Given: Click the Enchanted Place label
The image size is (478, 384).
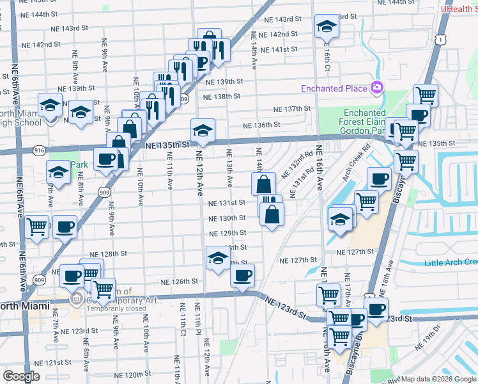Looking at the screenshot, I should click(335, 88).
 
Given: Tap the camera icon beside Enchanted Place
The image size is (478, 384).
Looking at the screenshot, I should click(377, 88).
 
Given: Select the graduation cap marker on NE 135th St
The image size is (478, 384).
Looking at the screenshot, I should click(203, 131).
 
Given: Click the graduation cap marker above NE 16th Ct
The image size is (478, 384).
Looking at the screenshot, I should click(327, 26).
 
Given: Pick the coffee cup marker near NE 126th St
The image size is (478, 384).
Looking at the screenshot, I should click(242, 276).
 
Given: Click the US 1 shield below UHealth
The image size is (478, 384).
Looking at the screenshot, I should click(441, 40).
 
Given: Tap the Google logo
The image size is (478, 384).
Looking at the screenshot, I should click(22, 376).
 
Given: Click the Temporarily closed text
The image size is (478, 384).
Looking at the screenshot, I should click(112, 308).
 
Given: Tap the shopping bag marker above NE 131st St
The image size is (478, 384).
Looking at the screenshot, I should click(263, 185).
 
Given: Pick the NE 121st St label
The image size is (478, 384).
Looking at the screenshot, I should click(54, 362).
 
